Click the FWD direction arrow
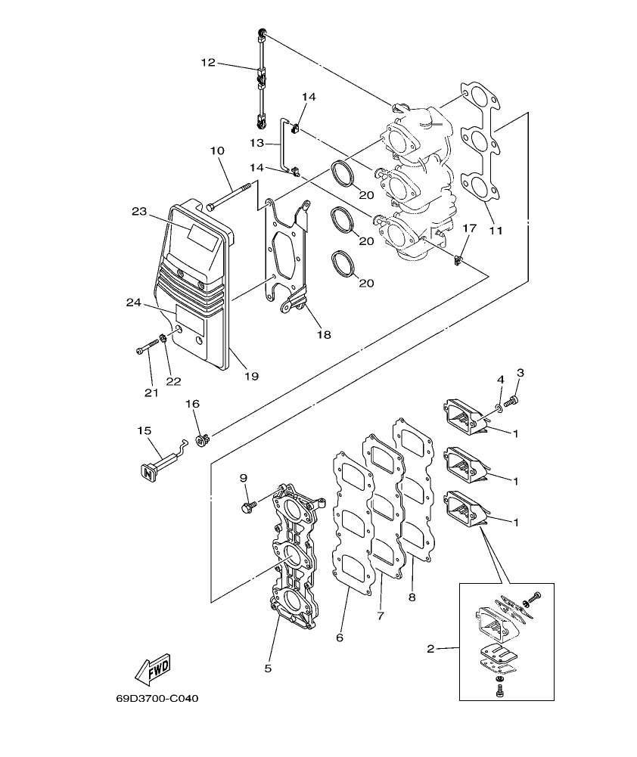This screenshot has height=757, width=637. click(152, 667)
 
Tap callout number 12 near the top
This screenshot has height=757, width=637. click(208, 64)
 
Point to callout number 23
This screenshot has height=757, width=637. click(138, 213)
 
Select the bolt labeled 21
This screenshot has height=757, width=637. click(147, 349)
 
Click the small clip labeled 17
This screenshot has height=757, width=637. click(458, 261)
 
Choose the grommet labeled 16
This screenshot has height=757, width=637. click(201, 438)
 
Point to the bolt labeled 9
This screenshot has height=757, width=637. click(247, 504)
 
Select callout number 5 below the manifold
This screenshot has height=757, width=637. click(268, 668)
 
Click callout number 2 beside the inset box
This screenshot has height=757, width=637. click(430, 648)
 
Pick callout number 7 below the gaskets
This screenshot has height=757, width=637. click(380, 616)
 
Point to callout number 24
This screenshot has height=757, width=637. click(134, 302)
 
